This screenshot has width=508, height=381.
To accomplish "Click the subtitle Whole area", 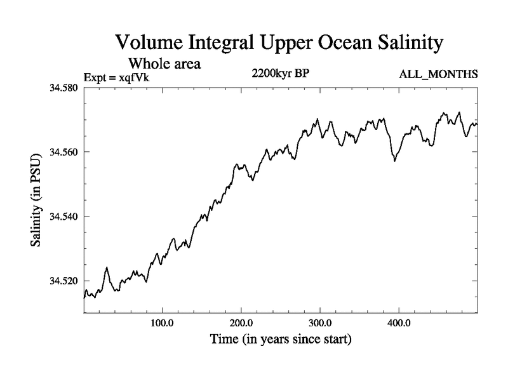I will coord(164,63).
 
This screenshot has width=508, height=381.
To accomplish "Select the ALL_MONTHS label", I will coord(438,75).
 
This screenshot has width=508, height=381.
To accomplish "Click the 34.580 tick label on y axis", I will coord(64,87).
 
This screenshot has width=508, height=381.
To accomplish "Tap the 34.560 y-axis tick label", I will coord(64,152).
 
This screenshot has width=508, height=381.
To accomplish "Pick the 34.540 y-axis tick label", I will coord(64,217).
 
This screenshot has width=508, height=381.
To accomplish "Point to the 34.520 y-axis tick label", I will coord(64,281).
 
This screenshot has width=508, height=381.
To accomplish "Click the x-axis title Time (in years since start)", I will coord(281,340).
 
